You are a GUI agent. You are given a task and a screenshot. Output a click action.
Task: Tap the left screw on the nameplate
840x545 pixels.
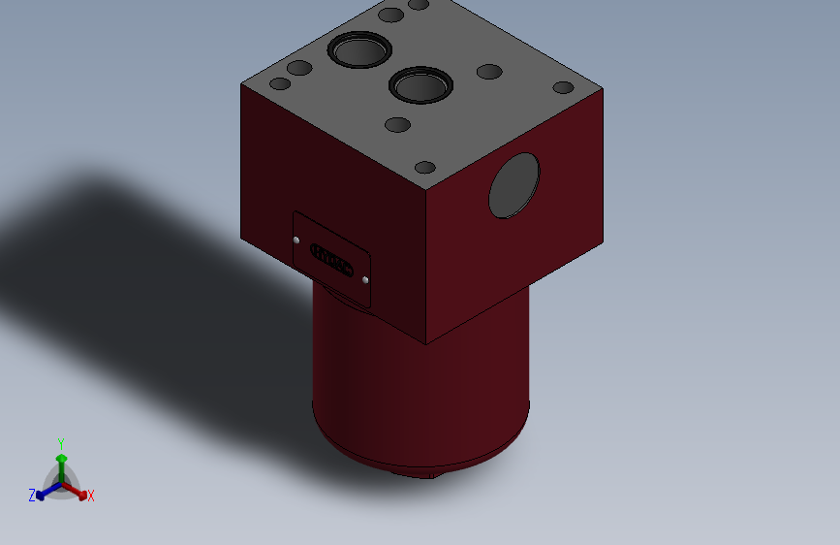click(x=296, y=239)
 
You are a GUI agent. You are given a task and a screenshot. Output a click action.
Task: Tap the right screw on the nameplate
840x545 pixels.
click(x=365, y=279)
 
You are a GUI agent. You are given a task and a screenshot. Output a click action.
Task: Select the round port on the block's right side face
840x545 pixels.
click(x=513, y=185)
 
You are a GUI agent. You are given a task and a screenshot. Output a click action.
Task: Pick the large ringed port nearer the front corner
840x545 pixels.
click(x=421, y=85)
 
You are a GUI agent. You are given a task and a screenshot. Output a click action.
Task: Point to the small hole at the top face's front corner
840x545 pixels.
click(x=425, y=167)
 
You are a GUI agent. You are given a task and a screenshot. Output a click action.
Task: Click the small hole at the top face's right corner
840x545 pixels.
click(x=564, y=88)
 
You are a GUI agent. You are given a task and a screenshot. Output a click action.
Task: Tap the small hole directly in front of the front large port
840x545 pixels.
click(x=397, y=124)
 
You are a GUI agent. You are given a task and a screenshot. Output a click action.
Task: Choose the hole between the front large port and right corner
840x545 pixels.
click(x=489, y=72)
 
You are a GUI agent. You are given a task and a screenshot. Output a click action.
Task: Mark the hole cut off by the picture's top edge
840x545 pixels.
click(x=419, y=4)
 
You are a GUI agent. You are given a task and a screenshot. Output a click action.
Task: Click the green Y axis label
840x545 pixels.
click(x=61, y=441)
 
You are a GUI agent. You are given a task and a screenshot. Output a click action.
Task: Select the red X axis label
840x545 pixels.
click(x=91, y=496)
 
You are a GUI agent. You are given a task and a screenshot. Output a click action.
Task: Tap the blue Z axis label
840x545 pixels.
click(x=32, y=496)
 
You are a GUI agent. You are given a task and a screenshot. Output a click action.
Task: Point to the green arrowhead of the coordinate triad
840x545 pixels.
click(x=61, y=457)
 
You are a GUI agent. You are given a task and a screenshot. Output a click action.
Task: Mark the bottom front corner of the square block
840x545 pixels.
click(x=426, y=344)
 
